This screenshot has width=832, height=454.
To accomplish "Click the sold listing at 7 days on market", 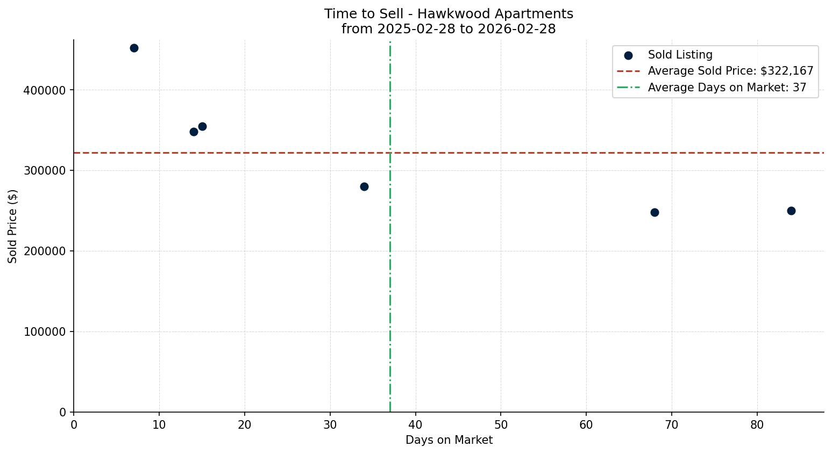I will (134, 48).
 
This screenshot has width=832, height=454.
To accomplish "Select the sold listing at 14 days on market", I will (194, 132).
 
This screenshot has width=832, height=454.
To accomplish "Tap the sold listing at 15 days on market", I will (202, 127).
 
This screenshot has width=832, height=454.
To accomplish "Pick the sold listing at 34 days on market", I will (364, 186).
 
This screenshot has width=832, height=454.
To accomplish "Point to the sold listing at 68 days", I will (655, 212).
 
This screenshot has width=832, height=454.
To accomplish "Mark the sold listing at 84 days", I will (791, 211).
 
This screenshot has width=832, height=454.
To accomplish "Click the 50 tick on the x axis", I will (501, 425).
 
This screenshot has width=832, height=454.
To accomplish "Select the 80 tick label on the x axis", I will (757, 425).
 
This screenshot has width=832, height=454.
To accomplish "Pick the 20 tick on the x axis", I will (245, 425).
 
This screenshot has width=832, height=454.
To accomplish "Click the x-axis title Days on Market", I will (449, 440).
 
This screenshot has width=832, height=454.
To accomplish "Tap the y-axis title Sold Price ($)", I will (13, 226).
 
